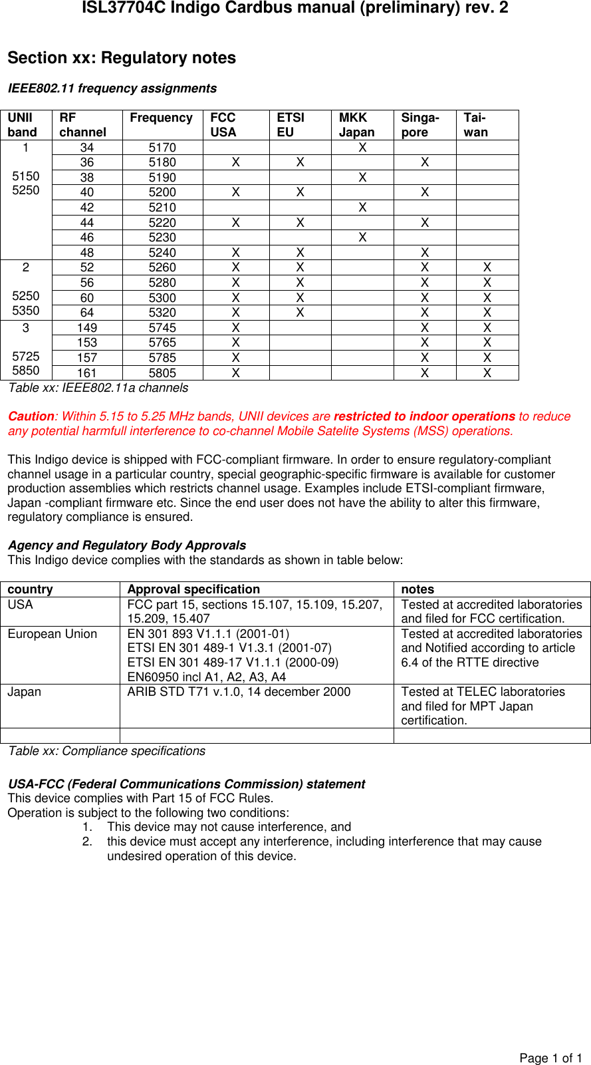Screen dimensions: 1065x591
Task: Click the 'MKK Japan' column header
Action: pyautogui.click(x=357, y=124)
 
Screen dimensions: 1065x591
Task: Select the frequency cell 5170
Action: pyautogui.click(x=162, y=148)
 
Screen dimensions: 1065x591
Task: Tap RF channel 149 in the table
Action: pyautogui.click(x=87, y=328)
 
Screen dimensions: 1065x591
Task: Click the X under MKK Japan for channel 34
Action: pyautogui.click(x=362, y=148)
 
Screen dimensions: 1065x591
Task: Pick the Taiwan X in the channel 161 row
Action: pyautogui.click(x=487, y=373)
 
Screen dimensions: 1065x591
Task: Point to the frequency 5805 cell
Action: pyautogui.click(x=162, y=373)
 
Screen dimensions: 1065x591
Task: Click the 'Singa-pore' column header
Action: pyautogui.click(x=420, y=124)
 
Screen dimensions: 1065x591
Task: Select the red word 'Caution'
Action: pyautogui.click(x=31, y=416)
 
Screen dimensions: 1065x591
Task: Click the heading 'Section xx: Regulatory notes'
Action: pyautogui.click(x=122, y=58)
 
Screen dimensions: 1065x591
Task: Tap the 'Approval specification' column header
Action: pyautogui.click(x=193, y=589)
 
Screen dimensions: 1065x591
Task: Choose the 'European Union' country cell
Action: pyautogui.click(x=53, y=634)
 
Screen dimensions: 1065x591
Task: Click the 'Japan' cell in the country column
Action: pyautogui.click(x=25, y=692)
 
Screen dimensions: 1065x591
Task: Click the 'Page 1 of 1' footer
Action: pyautogui.click(x=550, y=1058)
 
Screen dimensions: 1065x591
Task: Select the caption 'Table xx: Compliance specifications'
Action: pyautogui.click(x=107, y=751)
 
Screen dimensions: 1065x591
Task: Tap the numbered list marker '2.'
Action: pyautogui.click(x=88, y=841)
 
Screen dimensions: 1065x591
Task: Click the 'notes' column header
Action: pyautogui.click(x=417, y=589)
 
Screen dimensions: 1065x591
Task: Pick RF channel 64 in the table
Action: pyautogui.click(x=87, y=313)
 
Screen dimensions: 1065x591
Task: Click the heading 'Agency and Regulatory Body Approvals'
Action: pyautogui.click(x=127, y=545)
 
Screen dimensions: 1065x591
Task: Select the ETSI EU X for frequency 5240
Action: pyautogui.click(x=300, y=253)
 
